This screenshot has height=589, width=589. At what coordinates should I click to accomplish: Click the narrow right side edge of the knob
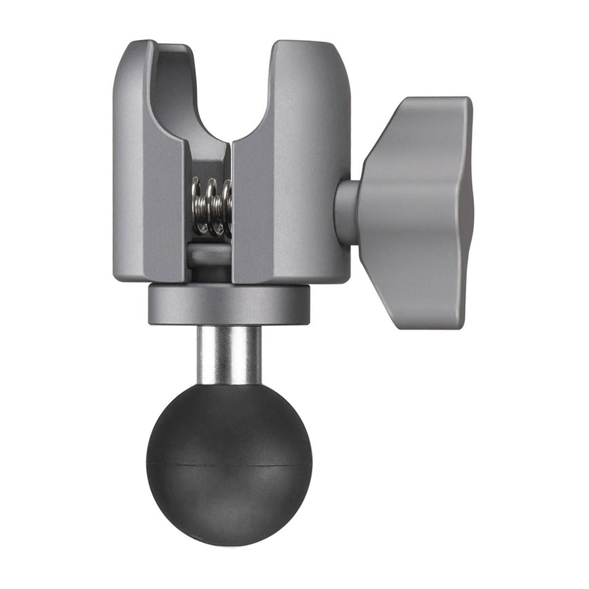coord(468,213)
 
